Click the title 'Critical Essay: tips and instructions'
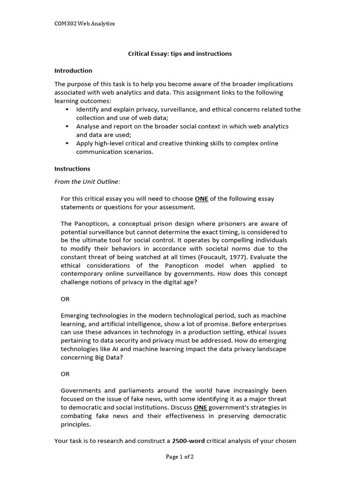[x=180, y=53]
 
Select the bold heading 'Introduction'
[x=73, y=71]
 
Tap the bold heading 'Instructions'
[x=72, y=169]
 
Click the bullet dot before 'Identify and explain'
[x=67, y=110]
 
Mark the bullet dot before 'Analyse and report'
[x=67, y=127]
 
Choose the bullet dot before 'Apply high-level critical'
[x=67, y=143]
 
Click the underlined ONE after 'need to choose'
[x=202, y=199]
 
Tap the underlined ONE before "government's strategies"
[x=200, y=407]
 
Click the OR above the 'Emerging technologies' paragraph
[x=65, y=299]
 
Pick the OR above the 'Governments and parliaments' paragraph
[x=65, y=374]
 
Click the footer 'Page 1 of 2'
[x=180, y=457]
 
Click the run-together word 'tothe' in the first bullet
[x=293, y=110]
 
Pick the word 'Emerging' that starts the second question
[x=75, y=315]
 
